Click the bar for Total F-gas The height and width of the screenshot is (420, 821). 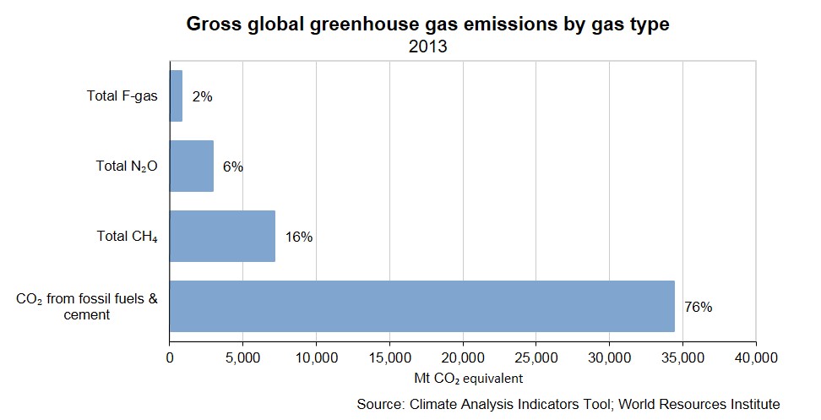pyautogui.click(x=176, y=96)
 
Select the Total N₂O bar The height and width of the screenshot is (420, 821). pyautogui.click(x=192, y=166)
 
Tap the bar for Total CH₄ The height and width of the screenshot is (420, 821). pyautogui.click(x=222, y=237)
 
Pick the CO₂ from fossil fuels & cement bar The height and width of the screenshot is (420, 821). pyautogui.click(x=422, y=306)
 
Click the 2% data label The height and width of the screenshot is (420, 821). pyautogui.click(x=202, y=97)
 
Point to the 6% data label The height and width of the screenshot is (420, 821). pyautogui.click(x=233, y=167)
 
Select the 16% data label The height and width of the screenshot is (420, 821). pyautogui.click(x=299, y=237)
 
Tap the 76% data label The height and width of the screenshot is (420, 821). pyautogui.click(x=699, y=308)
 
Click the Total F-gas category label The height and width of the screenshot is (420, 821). pyautogui.click(x=122, y=96)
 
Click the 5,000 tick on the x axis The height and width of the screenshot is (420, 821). pyautogui.click(x=242, y=357)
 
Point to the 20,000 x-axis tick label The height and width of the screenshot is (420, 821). pyautogui.click(x=462, y=357)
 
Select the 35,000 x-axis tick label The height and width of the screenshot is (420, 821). pyautogui.click(x=682, y=357)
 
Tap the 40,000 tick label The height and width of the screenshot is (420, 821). pyautogui.click(x=755, y=357)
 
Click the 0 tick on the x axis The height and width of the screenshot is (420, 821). pyautogui.click(x=170, y=357)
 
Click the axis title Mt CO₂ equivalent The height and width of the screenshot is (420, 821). pyautogui.click(x=462, y=377)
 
